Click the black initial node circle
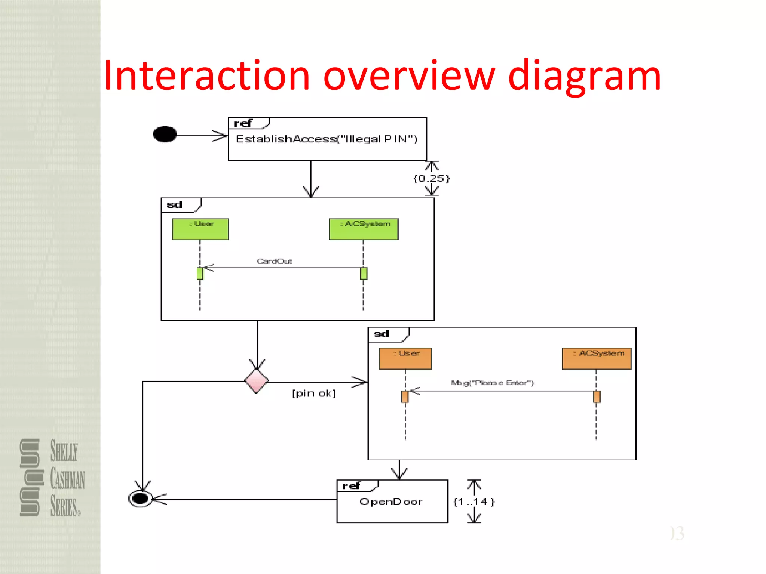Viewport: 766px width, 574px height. coord(165,134)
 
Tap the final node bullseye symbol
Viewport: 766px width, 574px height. coord(140,499)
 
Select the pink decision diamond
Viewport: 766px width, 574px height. coord(257,381)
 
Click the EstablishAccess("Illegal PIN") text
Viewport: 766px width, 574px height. coord(327,139)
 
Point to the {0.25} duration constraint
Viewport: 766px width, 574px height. coord(431,178)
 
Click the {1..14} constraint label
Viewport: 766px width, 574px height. coord(474,502)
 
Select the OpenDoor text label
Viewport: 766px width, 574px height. coord(391,502)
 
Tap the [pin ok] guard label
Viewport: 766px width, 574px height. coord(314,394)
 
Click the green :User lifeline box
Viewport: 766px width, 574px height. coord(200,229)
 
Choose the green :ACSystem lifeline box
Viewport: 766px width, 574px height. coord(364,229)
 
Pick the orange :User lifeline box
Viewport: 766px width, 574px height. coord(405,358)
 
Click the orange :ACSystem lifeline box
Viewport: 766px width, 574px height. coord(597,358)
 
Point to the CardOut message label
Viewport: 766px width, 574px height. coord(274,261)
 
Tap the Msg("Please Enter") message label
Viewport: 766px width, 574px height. coord(492,383)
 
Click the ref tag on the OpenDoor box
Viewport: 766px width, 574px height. coord(351,486)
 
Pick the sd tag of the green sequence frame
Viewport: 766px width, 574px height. coord(175,205)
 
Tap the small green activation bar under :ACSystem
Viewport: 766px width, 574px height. coord(364,274)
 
